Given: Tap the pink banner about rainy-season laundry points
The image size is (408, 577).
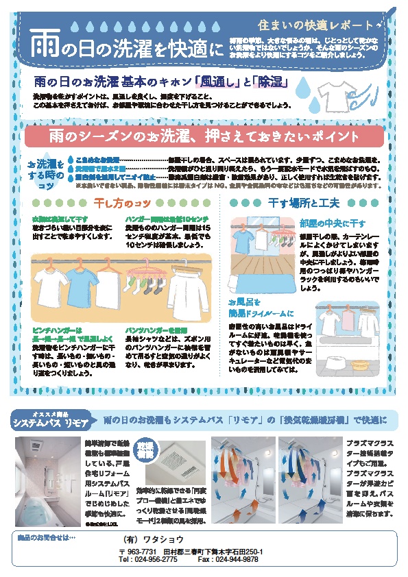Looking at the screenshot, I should tap(204, 136).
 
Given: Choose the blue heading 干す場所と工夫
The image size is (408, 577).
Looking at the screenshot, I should tap(304, 202).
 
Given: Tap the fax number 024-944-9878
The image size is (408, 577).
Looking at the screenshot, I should tap(237, 559).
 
